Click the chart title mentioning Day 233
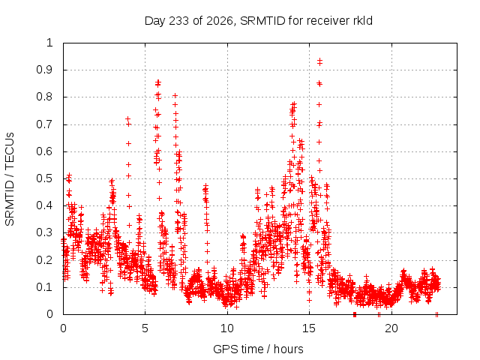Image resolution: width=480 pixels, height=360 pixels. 258,21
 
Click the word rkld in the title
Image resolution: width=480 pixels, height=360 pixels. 362,20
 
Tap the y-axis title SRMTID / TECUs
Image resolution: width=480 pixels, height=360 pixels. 10,179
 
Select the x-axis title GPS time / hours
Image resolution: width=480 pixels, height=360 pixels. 258,349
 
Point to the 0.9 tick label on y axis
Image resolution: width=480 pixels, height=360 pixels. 45,70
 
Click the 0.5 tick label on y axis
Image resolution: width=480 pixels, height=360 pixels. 45,178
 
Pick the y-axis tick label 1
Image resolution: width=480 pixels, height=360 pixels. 49,43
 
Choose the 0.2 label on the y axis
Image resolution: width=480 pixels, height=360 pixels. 45,260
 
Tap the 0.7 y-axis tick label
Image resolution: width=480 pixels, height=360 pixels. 45,124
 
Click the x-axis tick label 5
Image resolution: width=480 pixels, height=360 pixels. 145,328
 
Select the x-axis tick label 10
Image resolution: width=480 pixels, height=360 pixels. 227,328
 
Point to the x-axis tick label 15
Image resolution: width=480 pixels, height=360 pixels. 309,328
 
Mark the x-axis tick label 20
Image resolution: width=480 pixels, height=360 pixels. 391,328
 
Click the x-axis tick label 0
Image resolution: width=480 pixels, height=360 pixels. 63,328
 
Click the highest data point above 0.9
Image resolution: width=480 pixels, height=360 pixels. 320,60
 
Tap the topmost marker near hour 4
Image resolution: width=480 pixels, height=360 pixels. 127,118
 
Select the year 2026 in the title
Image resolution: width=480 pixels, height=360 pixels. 220,21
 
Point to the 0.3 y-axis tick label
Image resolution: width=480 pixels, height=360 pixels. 45,232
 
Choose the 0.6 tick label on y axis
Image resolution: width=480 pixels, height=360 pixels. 45,151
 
